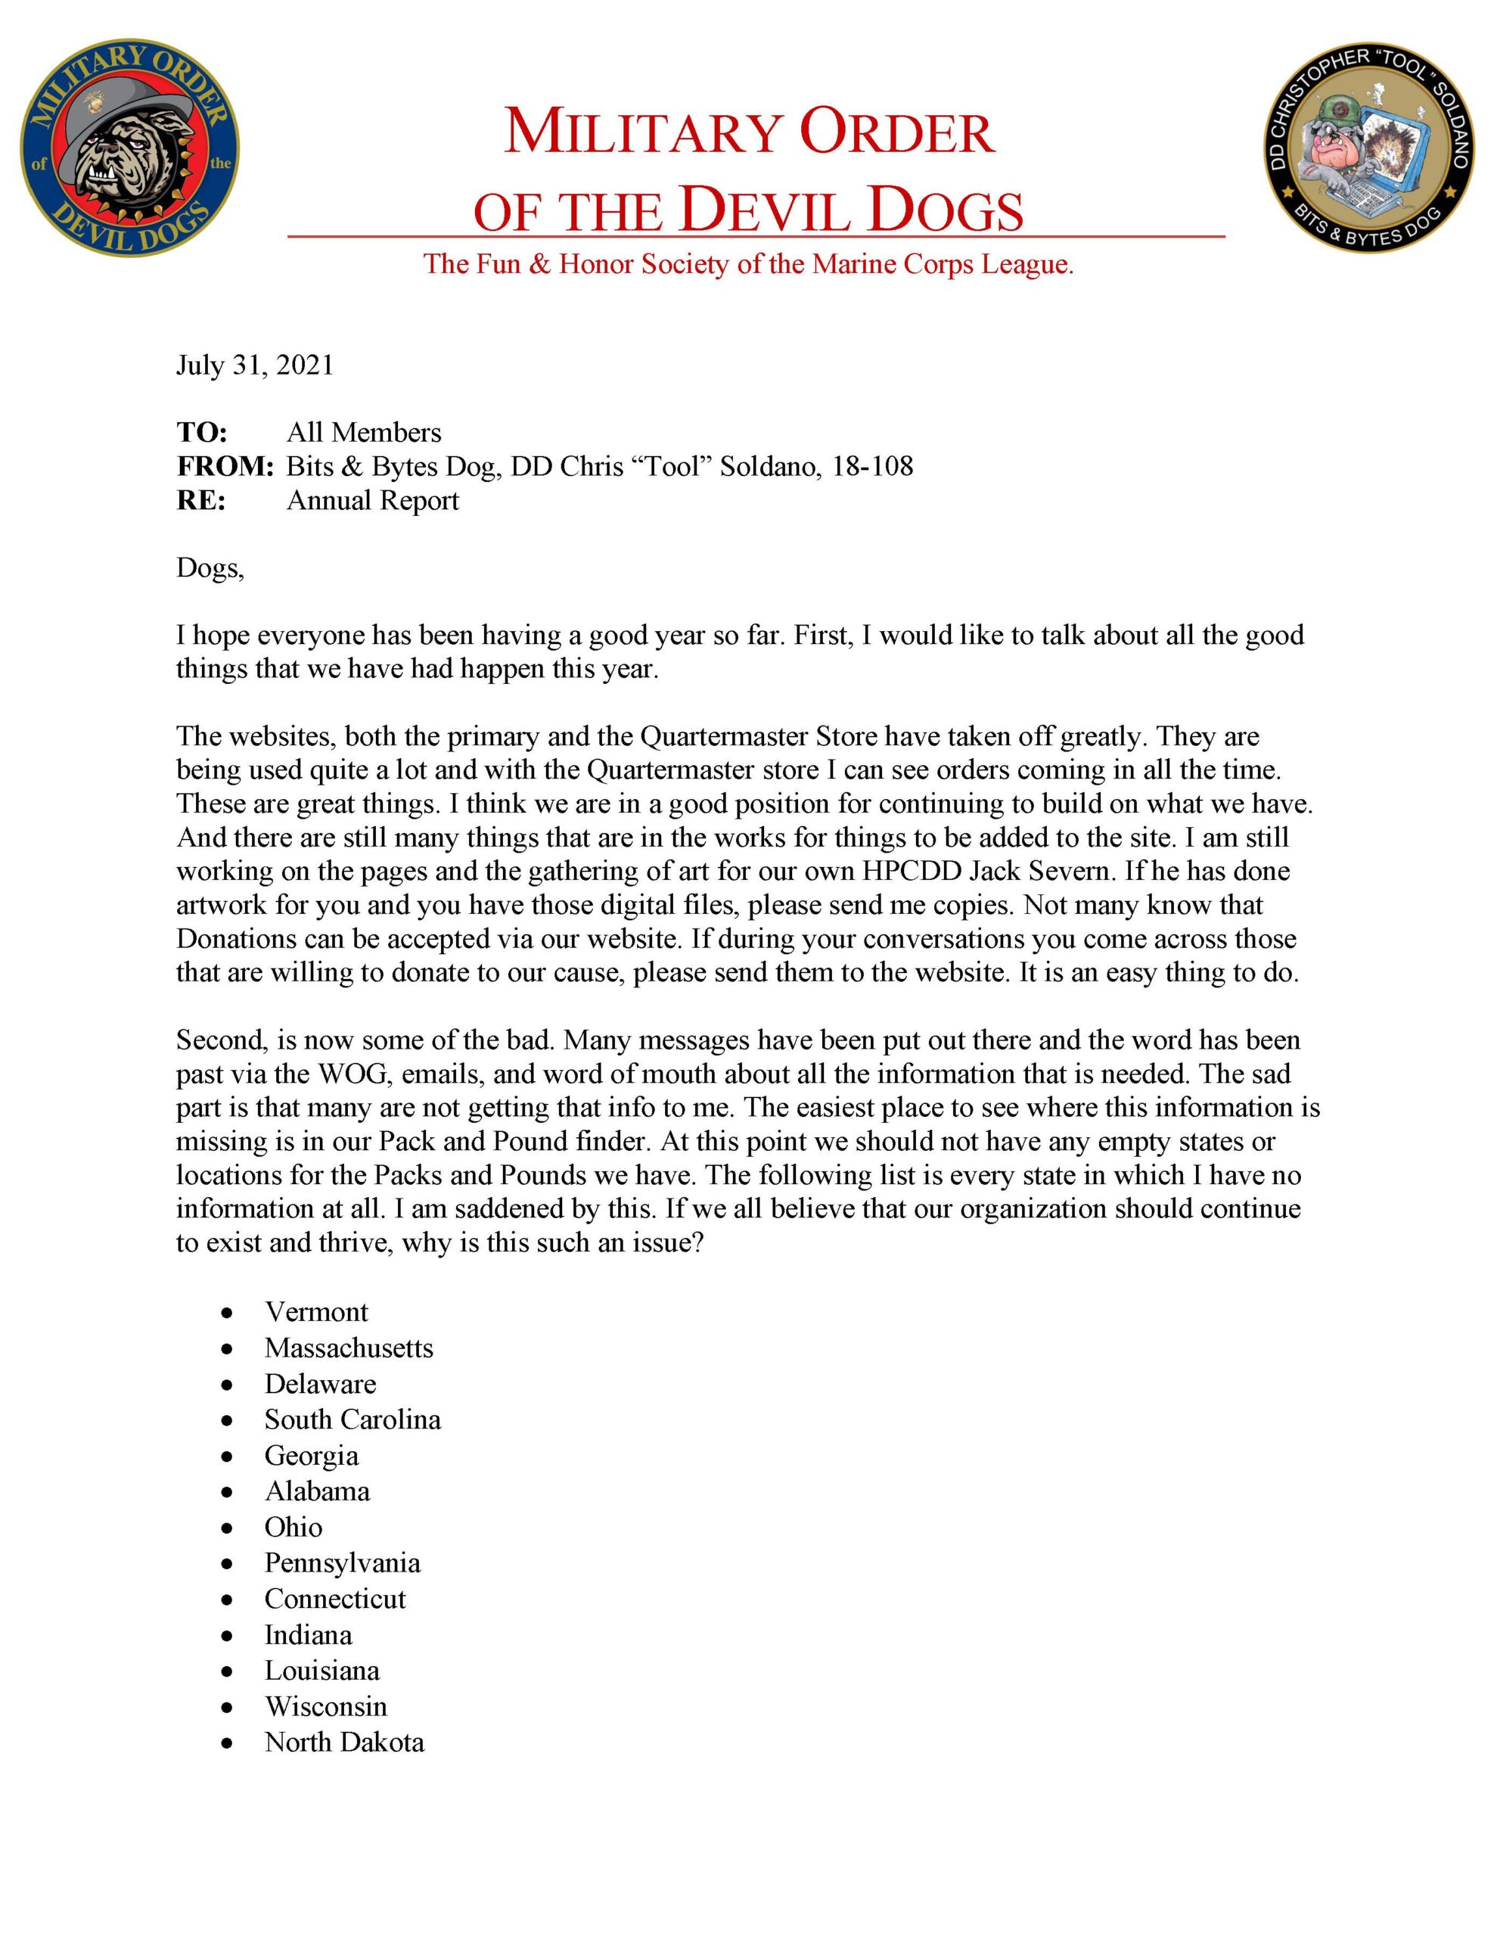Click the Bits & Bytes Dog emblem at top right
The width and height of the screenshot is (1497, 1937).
1368,145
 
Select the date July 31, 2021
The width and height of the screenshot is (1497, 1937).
254,365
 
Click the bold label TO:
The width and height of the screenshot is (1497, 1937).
202,433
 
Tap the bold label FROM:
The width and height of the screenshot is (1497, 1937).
225,467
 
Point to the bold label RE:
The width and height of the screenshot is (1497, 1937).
201,500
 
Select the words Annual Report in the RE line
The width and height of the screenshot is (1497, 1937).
372,500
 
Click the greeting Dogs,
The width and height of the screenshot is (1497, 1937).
210,567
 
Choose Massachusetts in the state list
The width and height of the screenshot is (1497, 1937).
349,1348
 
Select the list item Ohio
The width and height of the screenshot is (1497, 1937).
293,1527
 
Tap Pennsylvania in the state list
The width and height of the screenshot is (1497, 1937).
343,1562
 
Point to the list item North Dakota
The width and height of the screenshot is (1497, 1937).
344,1743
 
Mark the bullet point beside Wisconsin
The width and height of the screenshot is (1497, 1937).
228,1707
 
